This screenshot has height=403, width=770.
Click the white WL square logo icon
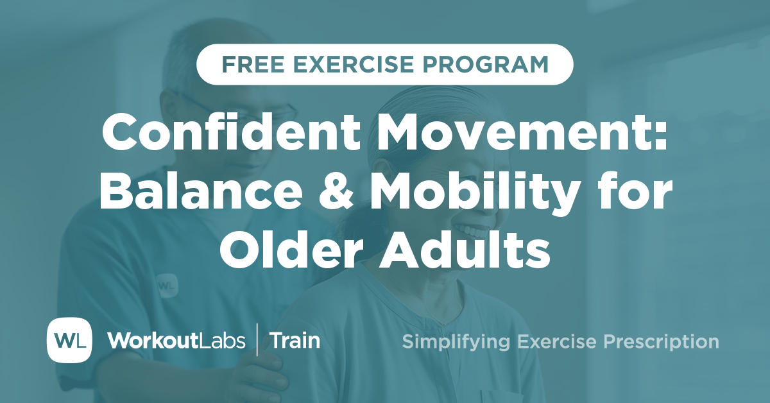coord(69,340)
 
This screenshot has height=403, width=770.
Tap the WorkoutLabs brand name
coord(176,341)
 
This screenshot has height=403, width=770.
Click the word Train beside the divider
coord(295,341)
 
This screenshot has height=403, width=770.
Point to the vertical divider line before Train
coord(258,340)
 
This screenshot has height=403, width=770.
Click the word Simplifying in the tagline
coord(451,341)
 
